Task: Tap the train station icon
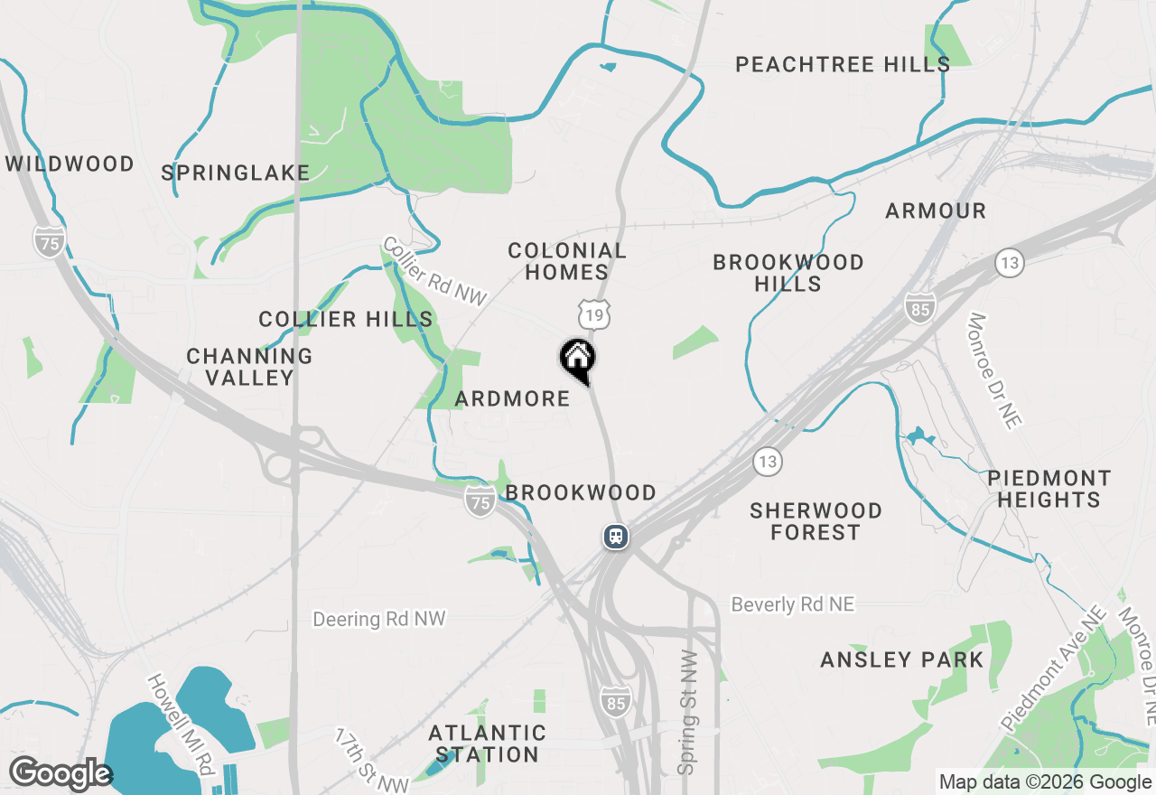click(616, 537)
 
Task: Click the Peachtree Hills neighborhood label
click(842, 64)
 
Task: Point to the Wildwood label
click(70, 164)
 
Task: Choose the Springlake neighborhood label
click(235, 173)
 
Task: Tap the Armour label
click(935, 210)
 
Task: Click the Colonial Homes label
click(566, 261)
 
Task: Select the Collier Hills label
click(345, 319)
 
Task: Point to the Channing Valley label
click(249, 367)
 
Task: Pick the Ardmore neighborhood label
click(512, 398)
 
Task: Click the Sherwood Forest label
click(816, 521)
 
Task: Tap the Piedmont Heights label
click(1049, 489)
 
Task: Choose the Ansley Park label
click(901, 659)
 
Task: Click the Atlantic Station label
click(487, 743)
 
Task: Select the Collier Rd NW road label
click(434, 270)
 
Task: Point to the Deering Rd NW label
click(379, 619)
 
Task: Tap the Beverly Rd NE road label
click(792, 604)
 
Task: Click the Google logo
click(60, 774)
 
